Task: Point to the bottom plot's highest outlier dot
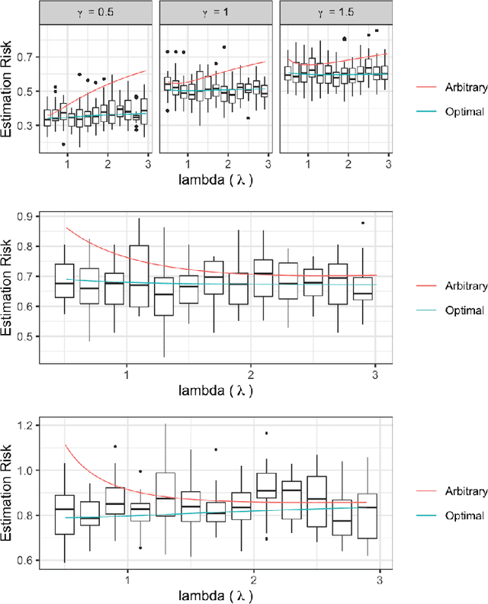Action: point(266,433)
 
